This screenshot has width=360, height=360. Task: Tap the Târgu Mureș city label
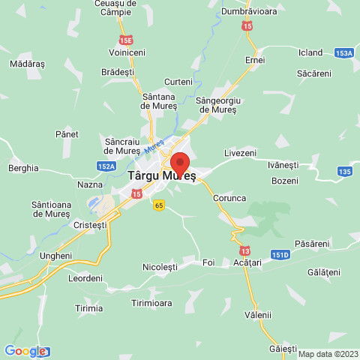click(x=162, y=176)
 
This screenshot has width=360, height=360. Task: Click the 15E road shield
click(x=125, y=39)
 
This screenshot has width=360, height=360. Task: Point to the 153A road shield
click(x=344, y=53)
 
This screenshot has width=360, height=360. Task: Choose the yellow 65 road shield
click(x=158, y=205)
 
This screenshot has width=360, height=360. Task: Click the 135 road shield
click(x=344, y=172)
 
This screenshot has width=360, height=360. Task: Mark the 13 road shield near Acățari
click(x=247, y=250)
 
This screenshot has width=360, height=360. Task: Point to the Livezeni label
click(x=240, y=152)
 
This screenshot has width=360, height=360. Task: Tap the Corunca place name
click(x=229, y=198)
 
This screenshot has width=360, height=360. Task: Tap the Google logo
click(x=25, y=350)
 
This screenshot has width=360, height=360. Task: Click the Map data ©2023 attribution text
click(x=328, y=354)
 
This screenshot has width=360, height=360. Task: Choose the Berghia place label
click(x=23, y=168)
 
